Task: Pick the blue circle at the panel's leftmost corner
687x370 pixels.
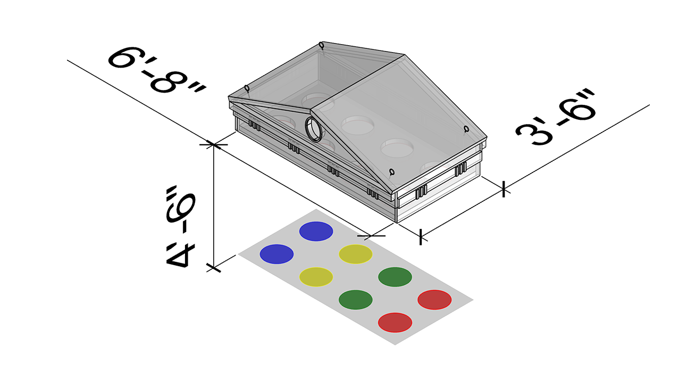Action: click(x=277, y=253)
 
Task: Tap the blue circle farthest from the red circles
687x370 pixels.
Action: click(x=316, y=231)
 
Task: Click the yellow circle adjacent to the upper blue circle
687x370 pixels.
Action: click(x=356, y=254)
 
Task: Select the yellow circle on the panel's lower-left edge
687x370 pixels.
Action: click(x=316, y=277)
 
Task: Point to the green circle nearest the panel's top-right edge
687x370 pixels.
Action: click(x=395, y=277)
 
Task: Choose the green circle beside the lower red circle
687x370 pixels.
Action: click(x=355, y=299)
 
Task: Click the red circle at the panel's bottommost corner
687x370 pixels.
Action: click(x=395, y=322)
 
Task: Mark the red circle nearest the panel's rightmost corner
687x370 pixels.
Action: click(x=434, y=299)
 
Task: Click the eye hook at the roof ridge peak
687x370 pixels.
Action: click(x=321, y=45)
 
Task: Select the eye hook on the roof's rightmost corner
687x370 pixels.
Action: click(x=466, y=128)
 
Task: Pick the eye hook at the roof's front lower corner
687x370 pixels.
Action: click(x=391, y=171)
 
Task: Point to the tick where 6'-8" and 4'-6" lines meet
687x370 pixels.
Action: click(x=214, y=144)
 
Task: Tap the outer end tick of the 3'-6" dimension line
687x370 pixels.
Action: click(x=503, y=188)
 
